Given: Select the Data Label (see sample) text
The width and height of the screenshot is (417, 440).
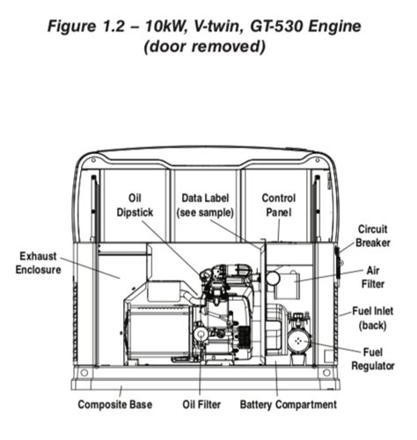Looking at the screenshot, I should click(x=206, y=205).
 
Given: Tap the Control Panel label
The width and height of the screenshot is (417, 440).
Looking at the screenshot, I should click(x=278, y=205).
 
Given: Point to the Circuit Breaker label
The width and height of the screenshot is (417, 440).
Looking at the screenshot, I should click(x=371, y=236).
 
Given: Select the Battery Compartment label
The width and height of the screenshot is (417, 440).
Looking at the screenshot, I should click(x=288, y=405).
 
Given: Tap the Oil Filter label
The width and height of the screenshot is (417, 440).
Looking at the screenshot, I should click(x=201, y=405).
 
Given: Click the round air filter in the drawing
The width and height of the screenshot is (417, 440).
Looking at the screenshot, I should click(x=272, y=277).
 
